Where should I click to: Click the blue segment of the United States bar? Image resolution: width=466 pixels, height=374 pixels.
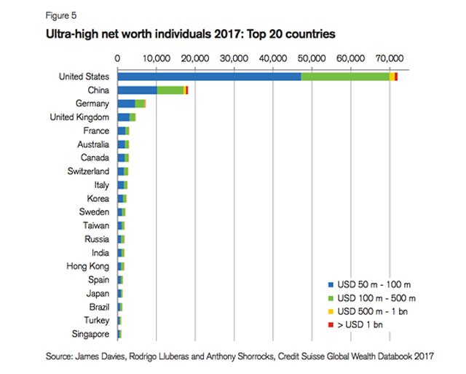click(x=209, y=77)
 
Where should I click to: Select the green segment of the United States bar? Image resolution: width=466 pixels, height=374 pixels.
click(x=344, y=77)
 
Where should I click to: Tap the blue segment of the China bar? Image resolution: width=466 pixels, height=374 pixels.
click(x=137, y=90)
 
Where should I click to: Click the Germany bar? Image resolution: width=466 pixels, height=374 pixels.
click(x=131, y=104)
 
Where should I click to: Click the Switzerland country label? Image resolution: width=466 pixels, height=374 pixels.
click(x=86, y=171)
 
